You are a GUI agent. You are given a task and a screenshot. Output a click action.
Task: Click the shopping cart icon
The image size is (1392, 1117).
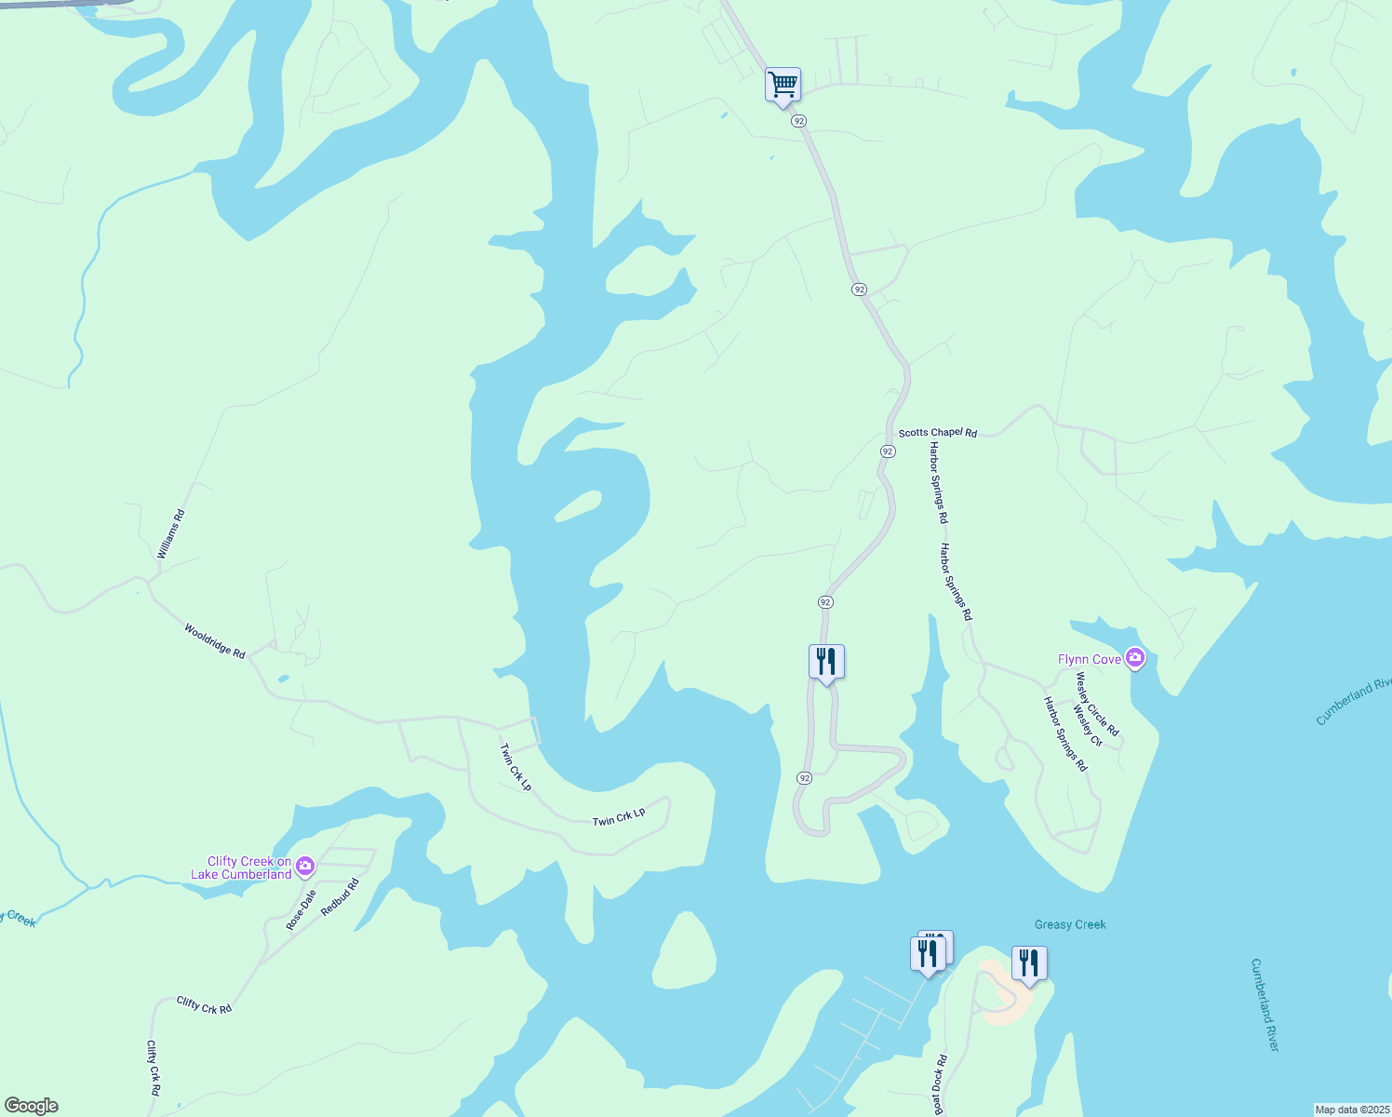tap(783, 85)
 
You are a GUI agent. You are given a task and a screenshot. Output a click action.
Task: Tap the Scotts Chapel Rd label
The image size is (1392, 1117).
tap(937, 433)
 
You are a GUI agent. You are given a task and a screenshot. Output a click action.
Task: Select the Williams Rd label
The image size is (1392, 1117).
tap(171, 534)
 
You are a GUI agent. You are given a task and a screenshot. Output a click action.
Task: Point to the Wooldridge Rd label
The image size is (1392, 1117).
tap(214, 641)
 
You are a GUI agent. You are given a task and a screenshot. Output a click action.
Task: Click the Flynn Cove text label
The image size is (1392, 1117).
tap(1090, 659)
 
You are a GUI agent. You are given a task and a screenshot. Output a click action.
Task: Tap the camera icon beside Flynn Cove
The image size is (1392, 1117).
tap(1134, 658)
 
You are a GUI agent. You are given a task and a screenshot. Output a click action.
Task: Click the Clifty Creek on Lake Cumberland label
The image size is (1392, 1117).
tap(242, 868)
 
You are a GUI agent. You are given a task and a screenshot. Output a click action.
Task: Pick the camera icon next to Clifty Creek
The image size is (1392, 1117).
tap(305, 867)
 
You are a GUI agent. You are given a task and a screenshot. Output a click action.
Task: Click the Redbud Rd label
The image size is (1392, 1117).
tap(340, 897)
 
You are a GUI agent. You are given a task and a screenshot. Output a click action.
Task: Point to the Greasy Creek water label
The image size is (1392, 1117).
tap(1070, 924)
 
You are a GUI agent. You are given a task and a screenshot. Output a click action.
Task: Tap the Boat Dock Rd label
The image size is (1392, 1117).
tap(940, 1084)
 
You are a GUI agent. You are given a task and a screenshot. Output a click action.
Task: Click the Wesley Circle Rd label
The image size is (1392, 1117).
tap(1097, 705)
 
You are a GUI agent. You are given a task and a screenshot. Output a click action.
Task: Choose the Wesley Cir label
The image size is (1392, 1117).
tap(1087, 726)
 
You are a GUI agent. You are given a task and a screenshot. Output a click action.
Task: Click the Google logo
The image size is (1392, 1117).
tap(31, 1106)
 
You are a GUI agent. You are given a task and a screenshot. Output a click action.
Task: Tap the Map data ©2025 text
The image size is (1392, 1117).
tap(1351, 1110)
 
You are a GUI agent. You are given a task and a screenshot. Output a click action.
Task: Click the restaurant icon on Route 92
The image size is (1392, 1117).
tap(826, 663)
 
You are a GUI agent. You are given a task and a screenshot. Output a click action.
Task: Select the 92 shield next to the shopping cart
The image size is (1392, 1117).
tap(798, 121)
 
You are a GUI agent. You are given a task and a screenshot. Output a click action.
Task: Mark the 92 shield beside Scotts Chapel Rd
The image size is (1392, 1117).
tap(888, 451)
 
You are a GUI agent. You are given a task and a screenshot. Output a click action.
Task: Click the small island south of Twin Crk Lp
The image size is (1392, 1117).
tap(684, 951)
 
